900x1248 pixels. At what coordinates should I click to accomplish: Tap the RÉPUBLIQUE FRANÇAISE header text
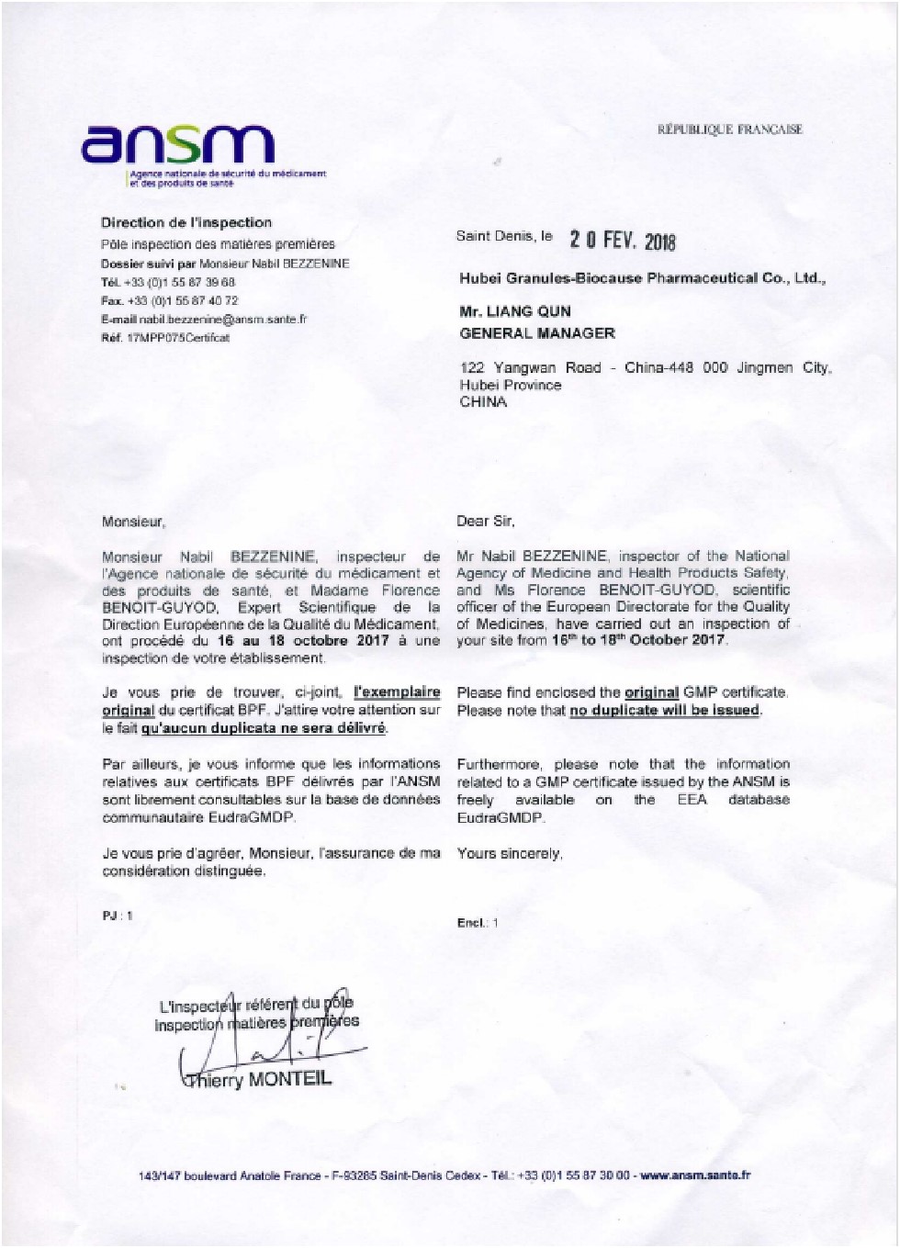coord(729,129)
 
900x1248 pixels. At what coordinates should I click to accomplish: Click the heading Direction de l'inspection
coord(186,222)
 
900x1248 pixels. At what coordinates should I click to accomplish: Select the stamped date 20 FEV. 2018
coord(622,241)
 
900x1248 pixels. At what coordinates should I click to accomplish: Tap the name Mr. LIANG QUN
coord(515,311)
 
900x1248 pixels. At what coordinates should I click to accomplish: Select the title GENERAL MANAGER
coord(537,333)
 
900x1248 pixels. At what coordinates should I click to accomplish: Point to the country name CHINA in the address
coord(483,402)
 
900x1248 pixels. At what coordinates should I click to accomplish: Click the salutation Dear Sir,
coord(485,521)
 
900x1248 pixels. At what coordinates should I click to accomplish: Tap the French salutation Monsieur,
coord(133,522)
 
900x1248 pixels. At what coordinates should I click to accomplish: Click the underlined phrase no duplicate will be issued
coord(664,710)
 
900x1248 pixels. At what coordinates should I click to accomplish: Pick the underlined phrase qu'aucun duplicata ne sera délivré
coord(264,728)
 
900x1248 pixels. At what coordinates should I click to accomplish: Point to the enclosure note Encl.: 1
coord(477,923)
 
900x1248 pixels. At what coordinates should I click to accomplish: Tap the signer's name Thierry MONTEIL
coord(258,1079)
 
